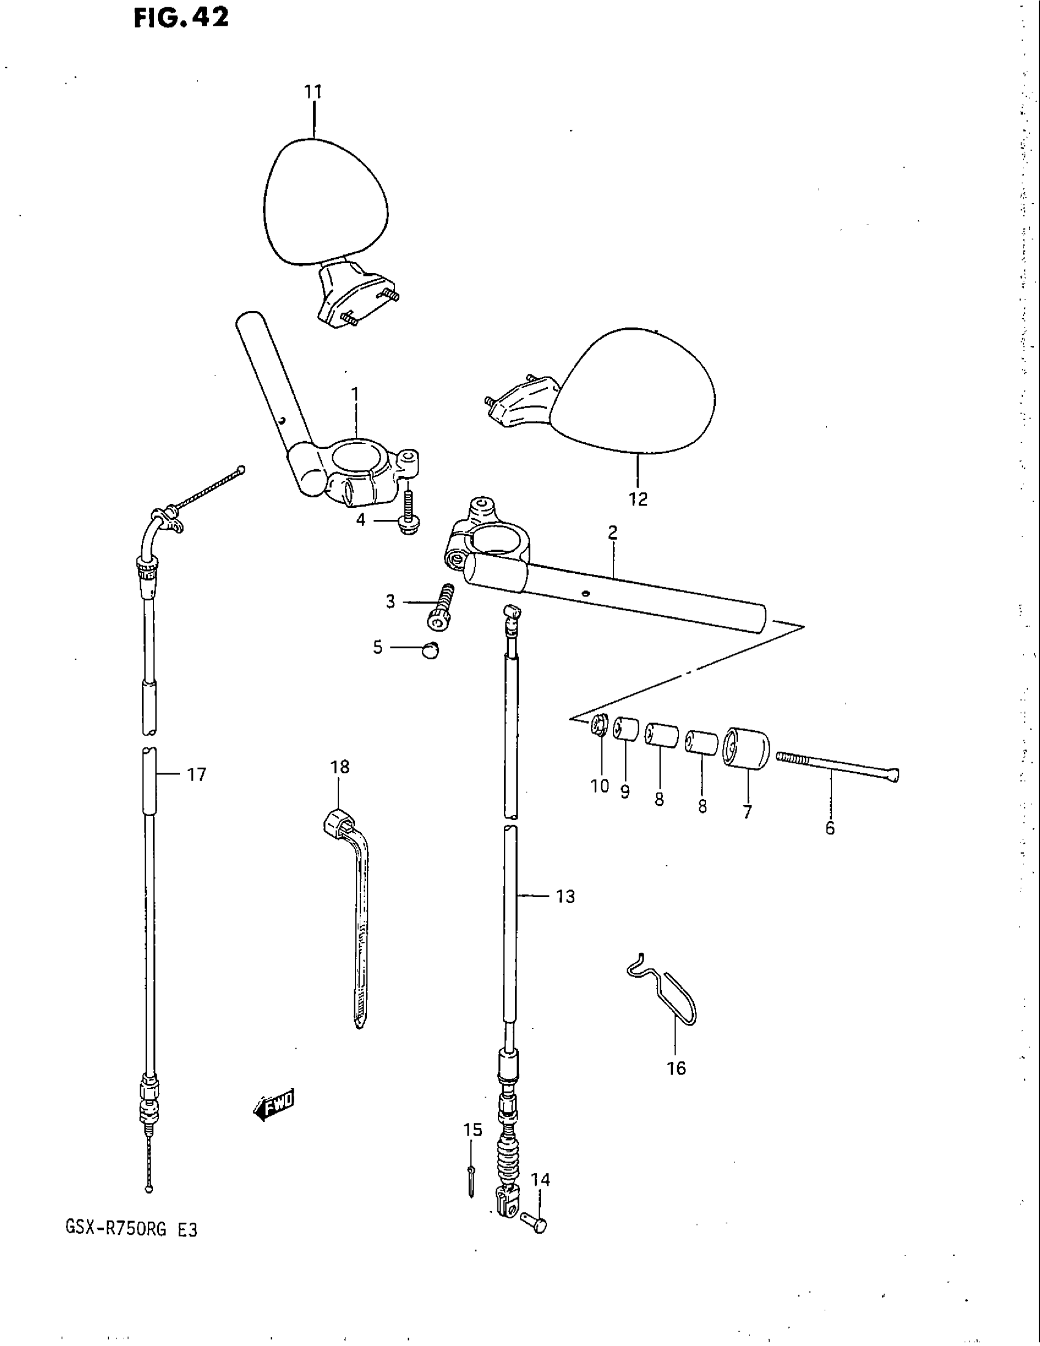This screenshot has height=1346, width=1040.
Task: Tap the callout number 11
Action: [x=313, y=92]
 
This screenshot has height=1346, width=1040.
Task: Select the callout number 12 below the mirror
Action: [x=638, y=499]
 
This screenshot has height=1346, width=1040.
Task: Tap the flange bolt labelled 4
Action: [x=407, y=517]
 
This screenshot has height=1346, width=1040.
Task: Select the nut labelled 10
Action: [x=598, y=726]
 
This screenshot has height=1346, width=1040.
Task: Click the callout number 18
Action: [x=340, y=767]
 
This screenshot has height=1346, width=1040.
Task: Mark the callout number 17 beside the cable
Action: [x=196, y=775]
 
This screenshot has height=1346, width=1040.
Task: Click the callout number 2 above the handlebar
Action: [x=612, y=532]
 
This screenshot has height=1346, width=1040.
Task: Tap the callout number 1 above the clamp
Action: [x=354, y=393]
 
